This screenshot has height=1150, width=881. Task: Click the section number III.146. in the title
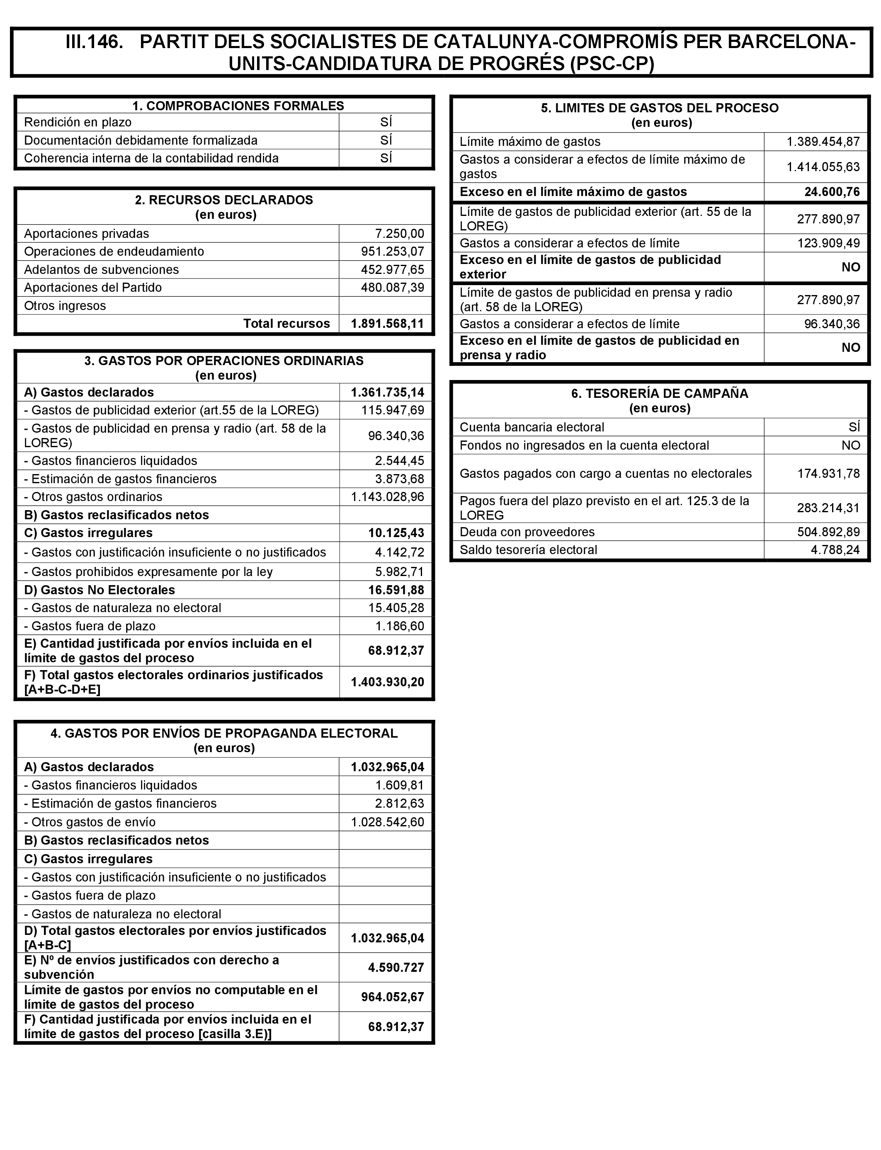pyautogui.click(x=95, y=42)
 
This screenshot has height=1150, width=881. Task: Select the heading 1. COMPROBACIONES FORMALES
pyautogui.click(x=238, y=106)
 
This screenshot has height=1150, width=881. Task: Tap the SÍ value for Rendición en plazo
pyautogui.click(x=386, y=122)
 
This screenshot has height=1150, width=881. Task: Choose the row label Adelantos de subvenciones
pyautogui.click(x=101, y=269)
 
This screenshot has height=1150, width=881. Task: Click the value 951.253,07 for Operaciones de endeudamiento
pyautogui.click(x=392, y=252)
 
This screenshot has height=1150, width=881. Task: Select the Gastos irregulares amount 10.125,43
pyautogui.click(x=396, y=533)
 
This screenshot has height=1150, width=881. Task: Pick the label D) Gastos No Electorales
pyautogui.click(x=99, y=590)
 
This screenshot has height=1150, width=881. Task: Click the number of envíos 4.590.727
pyautogui.click(x=396, y=967)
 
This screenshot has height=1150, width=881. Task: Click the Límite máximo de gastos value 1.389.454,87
pyautogui.click(x=823, y=141)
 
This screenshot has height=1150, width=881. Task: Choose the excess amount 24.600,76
pyautogui.click(x=832, y=192)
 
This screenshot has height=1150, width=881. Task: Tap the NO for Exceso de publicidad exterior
pyautogui.click(x=851, y=267)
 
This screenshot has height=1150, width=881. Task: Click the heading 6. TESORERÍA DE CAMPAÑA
pyautogui.click(x=659, y=394)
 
